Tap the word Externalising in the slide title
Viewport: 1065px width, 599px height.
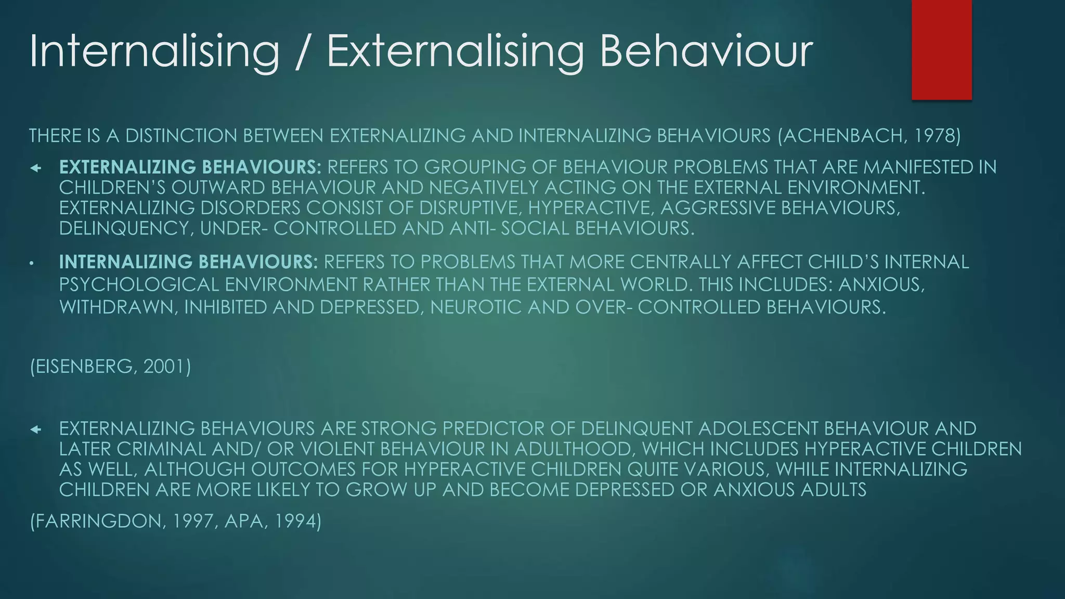click(455, 51)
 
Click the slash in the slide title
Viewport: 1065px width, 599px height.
click(303, 51)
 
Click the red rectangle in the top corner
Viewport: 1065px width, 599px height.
click(941, 49)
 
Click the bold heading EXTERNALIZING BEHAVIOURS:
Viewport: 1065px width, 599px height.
click(190, 167)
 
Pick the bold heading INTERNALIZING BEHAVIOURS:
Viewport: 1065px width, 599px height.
click(188, 262)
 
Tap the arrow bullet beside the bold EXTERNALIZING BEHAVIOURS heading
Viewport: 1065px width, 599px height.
click(35, 168)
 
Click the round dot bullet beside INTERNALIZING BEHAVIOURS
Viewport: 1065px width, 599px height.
click(32, 264)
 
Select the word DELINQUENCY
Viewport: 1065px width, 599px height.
click(125, 228)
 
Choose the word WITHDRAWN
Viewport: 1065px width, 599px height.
click(119, 307)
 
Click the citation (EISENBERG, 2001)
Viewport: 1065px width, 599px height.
click(111, 367)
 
